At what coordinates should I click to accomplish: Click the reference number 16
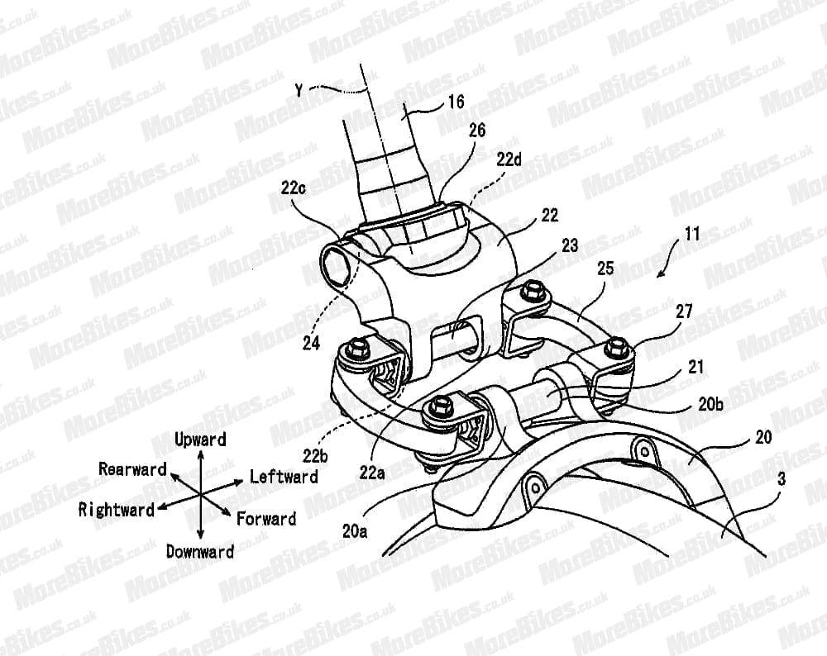click(456, 102)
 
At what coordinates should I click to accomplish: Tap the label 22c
click(294, 188)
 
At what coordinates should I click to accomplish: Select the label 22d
click(509, 159)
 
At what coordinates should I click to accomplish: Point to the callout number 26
click(477, 131)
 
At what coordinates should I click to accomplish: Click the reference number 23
click(570, 245)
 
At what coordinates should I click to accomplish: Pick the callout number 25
click(605, 269)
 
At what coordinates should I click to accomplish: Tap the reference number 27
click(684, 311)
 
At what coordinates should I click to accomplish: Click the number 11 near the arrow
click(692, 234)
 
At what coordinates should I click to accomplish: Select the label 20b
click(710, 405)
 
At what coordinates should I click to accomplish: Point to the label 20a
click(355, 530)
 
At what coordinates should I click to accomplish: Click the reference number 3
click(782, 479)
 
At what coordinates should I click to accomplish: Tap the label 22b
click(315, 455)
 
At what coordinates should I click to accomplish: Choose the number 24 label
click(311, 344)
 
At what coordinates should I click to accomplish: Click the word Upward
click(200, 440)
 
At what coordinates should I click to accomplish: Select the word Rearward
click(132, 469)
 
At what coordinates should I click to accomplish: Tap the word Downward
click(200, 552)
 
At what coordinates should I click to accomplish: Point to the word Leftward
click(284, 477)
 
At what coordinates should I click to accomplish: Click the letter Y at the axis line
click(299, 91)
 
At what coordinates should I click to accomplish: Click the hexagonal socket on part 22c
click(336, 267)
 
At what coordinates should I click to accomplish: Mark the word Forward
click(266, 519)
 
